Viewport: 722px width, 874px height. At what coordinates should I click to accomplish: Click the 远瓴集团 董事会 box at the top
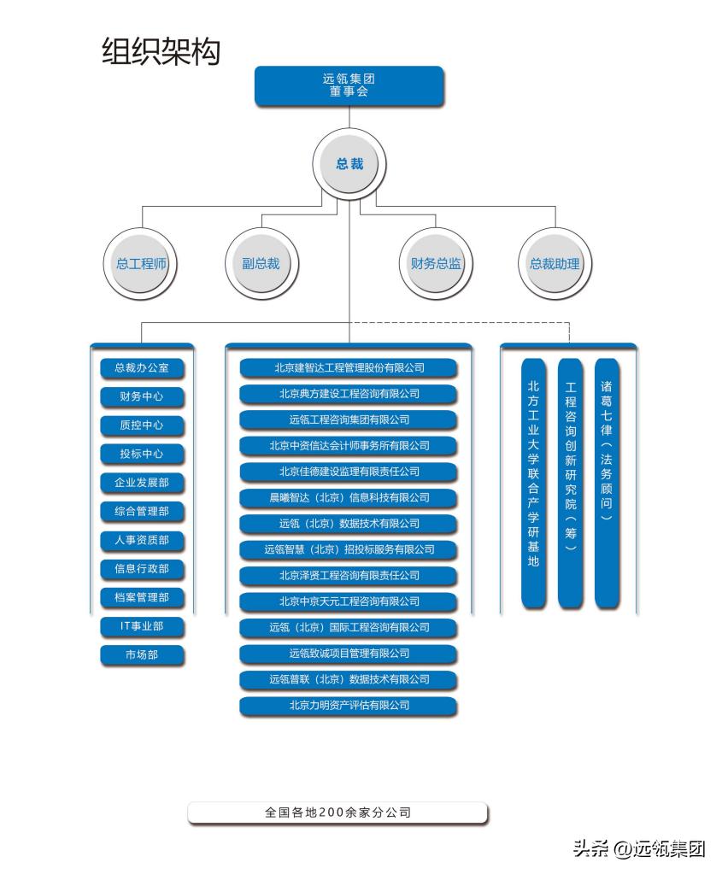click(349, 85)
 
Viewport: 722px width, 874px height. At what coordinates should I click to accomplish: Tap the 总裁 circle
click(349, 163)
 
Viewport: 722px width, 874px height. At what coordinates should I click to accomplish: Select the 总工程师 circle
click(141, 264)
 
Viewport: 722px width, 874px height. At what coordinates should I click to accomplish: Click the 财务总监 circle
click(436, 264)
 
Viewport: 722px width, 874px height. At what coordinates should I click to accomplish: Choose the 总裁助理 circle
click(555, 264)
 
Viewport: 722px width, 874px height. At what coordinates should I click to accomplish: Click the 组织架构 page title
click(161, 51)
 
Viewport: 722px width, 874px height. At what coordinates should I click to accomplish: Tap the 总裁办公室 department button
click(142, 368)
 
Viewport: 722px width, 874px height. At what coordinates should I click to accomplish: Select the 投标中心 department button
click(142, 454)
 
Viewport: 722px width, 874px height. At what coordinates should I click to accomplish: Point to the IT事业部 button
click(142, 626)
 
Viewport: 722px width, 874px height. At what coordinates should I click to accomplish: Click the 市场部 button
click(142, 655)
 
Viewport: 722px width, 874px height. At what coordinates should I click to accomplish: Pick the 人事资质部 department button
click(142, 540)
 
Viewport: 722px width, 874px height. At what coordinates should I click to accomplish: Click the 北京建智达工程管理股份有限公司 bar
click(349, 368)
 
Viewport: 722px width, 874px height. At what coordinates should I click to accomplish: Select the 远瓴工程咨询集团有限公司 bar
click(349, 419)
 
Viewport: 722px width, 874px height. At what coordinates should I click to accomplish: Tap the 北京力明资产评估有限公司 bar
click(349, 706)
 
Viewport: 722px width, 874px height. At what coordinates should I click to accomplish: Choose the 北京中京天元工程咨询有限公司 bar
click(349, 601)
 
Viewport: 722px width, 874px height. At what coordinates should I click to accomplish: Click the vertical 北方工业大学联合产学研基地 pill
click(533, 483)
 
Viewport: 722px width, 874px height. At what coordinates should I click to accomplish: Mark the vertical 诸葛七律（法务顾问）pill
click(607, 483)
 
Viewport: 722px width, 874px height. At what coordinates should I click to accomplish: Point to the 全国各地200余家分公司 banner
click(338, 812)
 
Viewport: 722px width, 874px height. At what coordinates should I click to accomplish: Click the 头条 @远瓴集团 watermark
click(640, 848)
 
